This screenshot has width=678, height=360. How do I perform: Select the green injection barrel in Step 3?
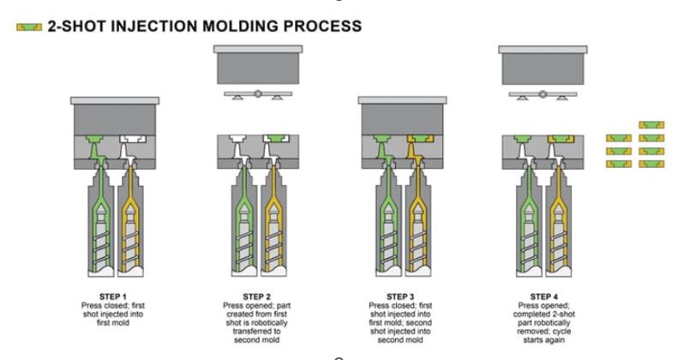[x=388, y=231]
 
